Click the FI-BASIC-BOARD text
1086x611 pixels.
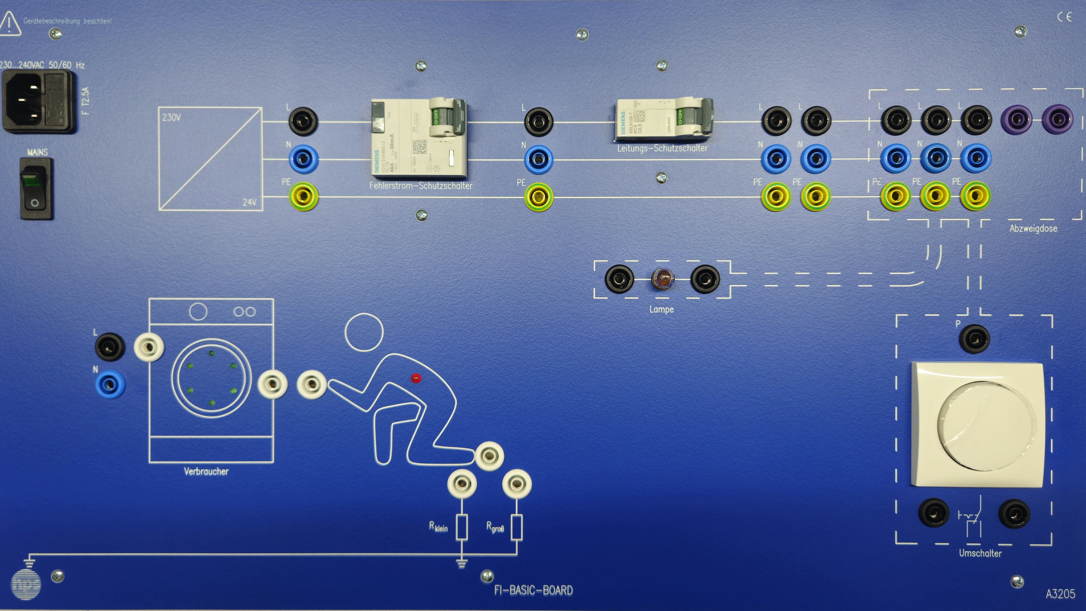533,590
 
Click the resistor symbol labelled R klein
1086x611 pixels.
462,527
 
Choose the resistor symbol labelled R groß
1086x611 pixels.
517,527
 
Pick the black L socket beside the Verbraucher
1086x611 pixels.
110,347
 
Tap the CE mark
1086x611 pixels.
1064,17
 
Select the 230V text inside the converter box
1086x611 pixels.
171,117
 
